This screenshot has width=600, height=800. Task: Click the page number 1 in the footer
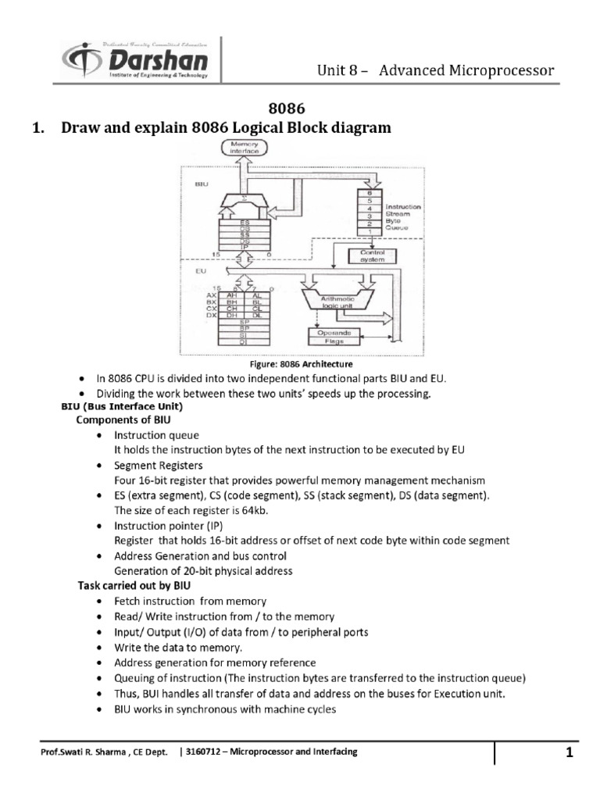pos(570,753)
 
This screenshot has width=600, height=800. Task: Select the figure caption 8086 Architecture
pos(299,364)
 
